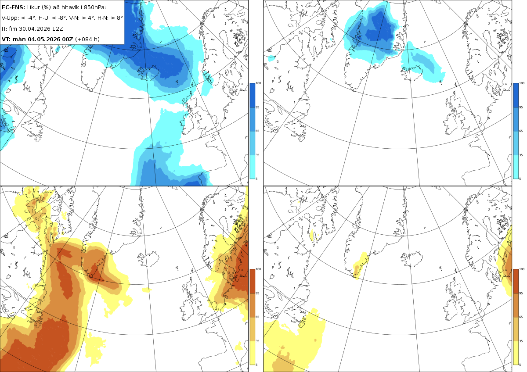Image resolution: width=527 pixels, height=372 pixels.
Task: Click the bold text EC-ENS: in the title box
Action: pos(13,7)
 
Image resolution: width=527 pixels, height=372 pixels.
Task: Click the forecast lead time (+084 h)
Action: pos(87,39)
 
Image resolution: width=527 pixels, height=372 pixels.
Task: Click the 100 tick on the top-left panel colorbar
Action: pos(258,83)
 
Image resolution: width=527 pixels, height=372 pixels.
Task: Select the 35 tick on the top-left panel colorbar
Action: pos(257,155)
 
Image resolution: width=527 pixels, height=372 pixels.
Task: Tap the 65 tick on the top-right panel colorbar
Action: pos(521,131)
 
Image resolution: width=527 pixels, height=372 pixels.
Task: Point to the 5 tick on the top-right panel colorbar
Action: pos(520,179)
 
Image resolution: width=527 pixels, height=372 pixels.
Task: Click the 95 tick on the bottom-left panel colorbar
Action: pos(257,293)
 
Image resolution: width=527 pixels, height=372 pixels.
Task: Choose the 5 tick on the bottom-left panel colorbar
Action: pos(256,365)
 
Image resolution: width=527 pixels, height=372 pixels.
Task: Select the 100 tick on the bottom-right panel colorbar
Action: pos(522,269)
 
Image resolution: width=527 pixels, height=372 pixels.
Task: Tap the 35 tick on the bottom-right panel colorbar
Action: pos(521,341)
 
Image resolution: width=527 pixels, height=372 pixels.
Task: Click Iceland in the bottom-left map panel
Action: pos(149,259)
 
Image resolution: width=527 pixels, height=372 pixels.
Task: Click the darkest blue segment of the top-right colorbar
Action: pos(516,95)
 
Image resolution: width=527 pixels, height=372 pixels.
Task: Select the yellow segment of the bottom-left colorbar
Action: pos(252,353)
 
